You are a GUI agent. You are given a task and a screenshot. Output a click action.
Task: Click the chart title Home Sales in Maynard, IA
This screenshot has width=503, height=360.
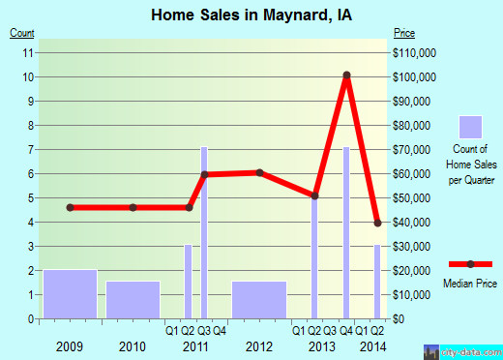pyautogui.click(x=251, y=15)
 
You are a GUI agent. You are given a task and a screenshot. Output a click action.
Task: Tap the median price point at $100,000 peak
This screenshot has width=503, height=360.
pyautogui.click(x=346, y=75)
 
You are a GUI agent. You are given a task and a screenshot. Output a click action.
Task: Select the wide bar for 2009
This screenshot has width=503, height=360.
pyautogui.click(x=70, y=293)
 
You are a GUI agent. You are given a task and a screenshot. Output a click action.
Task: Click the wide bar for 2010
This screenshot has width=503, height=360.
pyautogui.click(x=133, y=299)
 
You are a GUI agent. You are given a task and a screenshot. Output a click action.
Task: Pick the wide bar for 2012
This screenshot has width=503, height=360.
pyautogui.click(x=259, y=299)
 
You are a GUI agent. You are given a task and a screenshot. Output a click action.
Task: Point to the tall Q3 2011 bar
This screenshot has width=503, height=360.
pyautogui.click(x=204, y=232)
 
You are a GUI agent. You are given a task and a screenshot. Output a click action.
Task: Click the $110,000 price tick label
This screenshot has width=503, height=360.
pyautogui.click(x=416, y=52)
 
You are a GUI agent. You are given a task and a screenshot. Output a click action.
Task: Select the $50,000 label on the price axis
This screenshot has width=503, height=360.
pyautogui.click(x=414, y=197)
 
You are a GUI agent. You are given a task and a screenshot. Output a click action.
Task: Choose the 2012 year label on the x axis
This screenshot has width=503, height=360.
pyautogui.click(x=259, y=345)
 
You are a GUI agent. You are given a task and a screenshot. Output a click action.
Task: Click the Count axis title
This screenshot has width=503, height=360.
pyautogui.click(x=22, y=34)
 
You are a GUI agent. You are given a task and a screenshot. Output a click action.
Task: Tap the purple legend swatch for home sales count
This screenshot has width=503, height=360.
pyautogui.click(x=470, y=128)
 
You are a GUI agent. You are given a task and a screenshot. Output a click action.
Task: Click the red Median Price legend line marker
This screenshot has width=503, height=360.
pyautogui.click(x=470, y=264)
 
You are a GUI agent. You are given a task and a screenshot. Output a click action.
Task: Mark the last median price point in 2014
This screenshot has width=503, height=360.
pyautogui.click(x=378, y=223)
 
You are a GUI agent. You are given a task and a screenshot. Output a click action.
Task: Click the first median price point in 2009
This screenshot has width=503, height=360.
pyautogui.click(x=70, y=207)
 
